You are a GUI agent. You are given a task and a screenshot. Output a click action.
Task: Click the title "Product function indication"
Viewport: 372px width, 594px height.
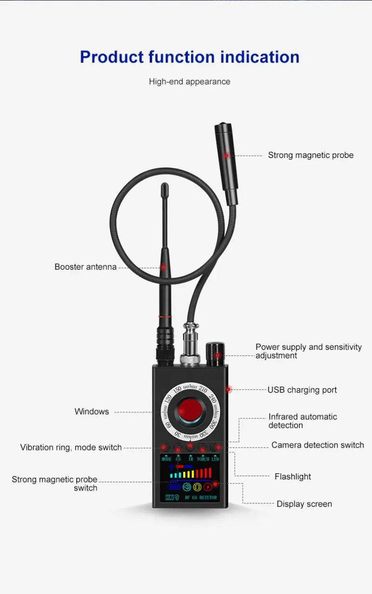pos(189,57)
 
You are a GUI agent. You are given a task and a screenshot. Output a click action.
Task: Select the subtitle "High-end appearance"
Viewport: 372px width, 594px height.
pos(189,82)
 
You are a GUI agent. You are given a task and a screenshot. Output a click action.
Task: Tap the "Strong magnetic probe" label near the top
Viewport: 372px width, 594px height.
pos(311,155)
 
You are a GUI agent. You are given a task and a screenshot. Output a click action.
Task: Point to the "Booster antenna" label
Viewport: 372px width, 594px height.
pos(86,267)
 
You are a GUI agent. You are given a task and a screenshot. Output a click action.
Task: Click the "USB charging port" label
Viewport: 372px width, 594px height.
pos(302,390)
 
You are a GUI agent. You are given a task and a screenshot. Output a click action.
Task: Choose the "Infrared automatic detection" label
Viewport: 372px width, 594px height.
pos(302,421)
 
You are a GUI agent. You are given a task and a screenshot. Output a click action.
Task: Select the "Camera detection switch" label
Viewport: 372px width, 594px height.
pos(318,445)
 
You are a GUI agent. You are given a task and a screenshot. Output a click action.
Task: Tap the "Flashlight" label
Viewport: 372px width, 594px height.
pos(292,477)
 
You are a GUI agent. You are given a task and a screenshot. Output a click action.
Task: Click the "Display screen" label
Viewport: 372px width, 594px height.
pos(304,504)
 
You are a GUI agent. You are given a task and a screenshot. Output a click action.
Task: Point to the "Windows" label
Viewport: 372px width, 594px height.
pos(92,411)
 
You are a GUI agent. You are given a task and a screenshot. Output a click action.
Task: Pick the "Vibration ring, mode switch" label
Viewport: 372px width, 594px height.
pos(71,447)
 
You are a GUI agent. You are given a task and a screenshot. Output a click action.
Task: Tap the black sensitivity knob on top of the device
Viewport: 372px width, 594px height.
pos(215,355)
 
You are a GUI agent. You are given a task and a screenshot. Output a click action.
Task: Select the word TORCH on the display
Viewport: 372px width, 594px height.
pos(203,459)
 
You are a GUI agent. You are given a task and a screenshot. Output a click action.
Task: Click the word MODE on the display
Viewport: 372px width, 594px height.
pos(166,459)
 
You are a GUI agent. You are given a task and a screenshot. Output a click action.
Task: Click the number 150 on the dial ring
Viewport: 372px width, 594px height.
pos(177,389)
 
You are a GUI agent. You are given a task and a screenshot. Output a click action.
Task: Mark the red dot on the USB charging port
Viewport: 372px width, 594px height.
pos(229,389)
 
